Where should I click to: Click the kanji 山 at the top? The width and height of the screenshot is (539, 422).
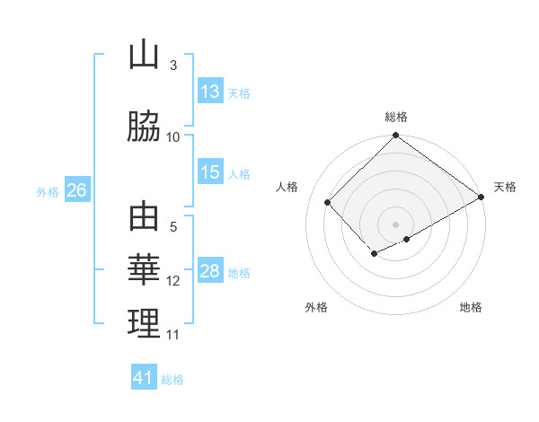tap(144, 56)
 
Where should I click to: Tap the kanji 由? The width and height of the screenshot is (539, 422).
tap(144, 218)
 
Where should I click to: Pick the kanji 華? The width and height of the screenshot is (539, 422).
tap(144, 269)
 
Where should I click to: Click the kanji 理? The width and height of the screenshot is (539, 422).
tap(144, 323)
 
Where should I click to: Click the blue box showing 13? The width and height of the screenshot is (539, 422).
tap(210, 92)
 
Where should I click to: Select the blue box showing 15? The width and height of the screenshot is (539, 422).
tap(210, 173)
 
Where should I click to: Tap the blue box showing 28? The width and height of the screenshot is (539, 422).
tap(210, 272)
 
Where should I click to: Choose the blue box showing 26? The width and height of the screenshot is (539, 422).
tap(76, 190)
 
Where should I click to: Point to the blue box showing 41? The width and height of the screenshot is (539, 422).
tap(144, 378)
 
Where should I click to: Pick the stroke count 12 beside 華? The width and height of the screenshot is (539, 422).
tap(173, 281)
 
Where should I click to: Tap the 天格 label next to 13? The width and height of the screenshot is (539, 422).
tap(239, 92)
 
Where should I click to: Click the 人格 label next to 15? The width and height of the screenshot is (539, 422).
tap(239, 174)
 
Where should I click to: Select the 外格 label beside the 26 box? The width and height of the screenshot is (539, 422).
tap(48, 191)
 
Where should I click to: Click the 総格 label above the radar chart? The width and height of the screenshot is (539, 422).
tap(396, 117)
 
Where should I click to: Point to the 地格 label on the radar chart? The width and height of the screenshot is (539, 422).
tap(471, 307)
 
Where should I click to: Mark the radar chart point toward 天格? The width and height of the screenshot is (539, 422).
tap(482, 198)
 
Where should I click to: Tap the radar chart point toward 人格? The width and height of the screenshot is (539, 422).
tap(328, 202)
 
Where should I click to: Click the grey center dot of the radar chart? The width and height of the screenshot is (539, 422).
tap(395, 223)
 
